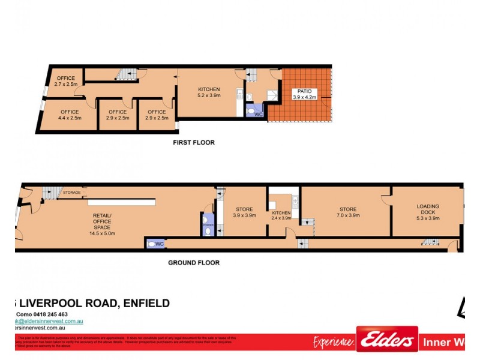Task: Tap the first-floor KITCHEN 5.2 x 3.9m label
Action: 209,92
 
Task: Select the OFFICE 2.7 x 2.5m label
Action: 66,82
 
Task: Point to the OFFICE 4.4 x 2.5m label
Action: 70,115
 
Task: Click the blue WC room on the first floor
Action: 256,112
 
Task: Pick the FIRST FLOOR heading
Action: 193,143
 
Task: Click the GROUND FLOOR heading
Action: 193,263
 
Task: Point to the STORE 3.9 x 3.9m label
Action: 244,212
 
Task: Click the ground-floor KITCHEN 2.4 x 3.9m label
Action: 281,215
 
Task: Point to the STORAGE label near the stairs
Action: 72,193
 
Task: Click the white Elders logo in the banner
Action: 387,340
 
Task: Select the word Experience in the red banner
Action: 334,342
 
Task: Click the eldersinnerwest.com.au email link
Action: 48,322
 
